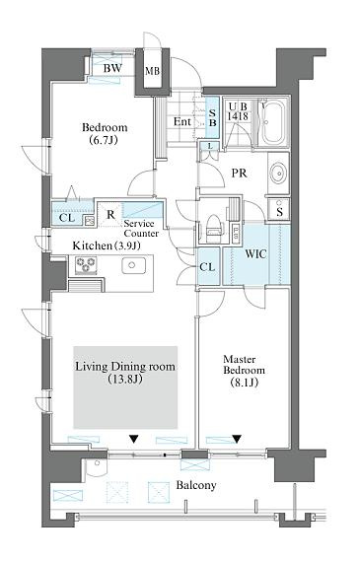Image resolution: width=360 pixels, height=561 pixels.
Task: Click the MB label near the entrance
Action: pyautogui.click(x=152, y=71)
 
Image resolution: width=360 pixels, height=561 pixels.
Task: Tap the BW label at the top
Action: pyautogui.click(x=112, y=68)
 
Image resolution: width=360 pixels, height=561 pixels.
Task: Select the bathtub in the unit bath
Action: pyautogui.click(x=273, y=122)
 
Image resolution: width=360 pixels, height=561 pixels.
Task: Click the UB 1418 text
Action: pyautogui.click(x=238, y=111)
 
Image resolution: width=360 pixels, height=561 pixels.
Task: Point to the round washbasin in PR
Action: pyautogui.click(x=278, y=174)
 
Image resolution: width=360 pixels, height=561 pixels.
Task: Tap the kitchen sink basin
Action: pyautogui.click(x=133, y=265)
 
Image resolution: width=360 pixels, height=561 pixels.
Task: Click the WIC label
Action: pyautogui.click(x=255, y=254)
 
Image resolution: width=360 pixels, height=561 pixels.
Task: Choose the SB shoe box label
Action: pyautogui.click(x=212, y=117)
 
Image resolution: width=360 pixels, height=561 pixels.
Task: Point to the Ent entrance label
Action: pyautogui.click(x=181, y=122)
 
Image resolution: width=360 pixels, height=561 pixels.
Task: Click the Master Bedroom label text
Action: pyautogui.click(x=244, y=371)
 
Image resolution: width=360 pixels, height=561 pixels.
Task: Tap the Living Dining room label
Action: pyautogui.click(x=125, y=373)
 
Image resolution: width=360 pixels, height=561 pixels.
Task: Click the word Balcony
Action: pyautogui.click(x=196, y=485)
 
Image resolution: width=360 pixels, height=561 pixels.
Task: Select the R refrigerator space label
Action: pyautogui.click(x=110, y=215)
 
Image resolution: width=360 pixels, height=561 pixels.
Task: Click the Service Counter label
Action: pyautogui.click(x=141, y=229)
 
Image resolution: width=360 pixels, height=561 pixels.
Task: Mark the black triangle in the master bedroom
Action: pyautogui.click(x=236, y=439)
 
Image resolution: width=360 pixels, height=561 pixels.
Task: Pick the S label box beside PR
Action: pyautogui.click(x=279, y=210)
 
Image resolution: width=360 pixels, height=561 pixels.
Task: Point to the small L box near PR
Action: pyautogui.click(x=210, y=146)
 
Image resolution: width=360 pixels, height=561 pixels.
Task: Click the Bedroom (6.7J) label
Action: pyautogui.click(x=105, y=133)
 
